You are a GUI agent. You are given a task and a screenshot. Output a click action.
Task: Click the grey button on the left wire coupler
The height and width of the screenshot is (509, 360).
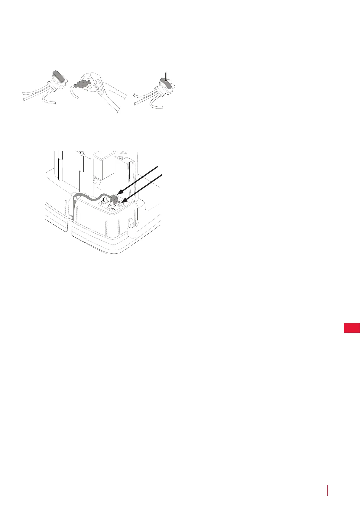(58, 76)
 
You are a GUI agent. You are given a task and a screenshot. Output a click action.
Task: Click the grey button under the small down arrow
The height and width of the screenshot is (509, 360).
(166, 81)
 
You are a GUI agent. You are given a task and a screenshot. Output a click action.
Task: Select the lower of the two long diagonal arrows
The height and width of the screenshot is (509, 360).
(142, 188)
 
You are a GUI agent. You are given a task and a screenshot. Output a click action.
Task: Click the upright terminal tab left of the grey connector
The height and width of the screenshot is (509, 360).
(105, 200)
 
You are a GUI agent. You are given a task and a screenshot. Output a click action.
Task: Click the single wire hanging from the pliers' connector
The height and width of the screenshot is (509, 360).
(72, 91)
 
